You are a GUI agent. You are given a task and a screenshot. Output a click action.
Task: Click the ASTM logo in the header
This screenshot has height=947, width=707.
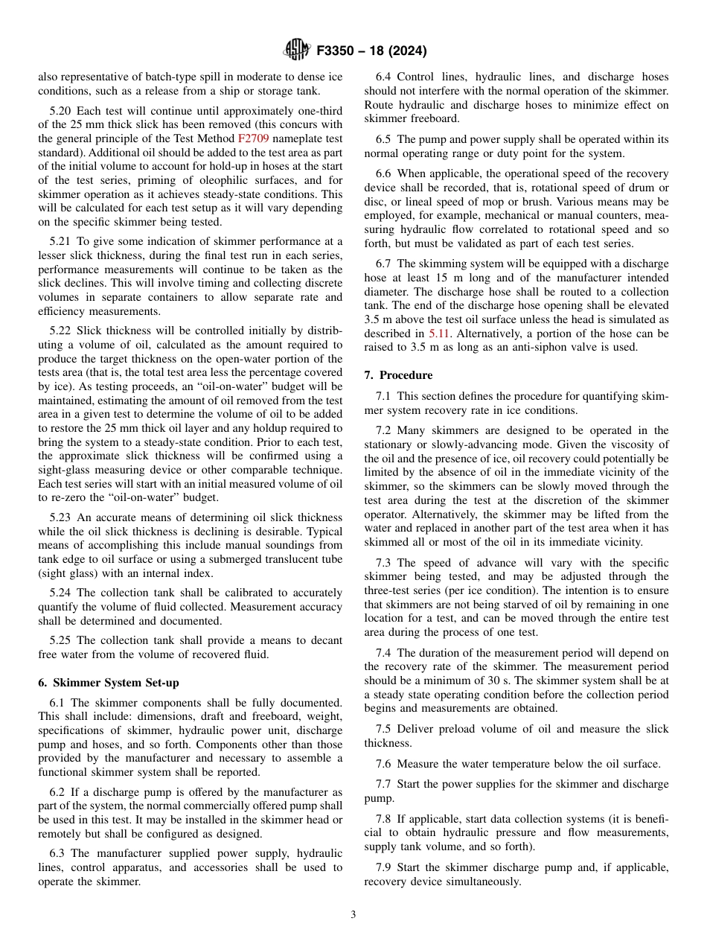(297, 51)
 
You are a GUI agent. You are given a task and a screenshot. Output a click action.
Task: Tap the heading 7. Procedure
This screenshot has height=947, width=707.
(398, 374)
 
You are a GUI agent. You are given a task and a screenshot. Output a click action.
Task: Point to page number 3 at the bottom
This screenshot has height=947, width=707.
(353, 915)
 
